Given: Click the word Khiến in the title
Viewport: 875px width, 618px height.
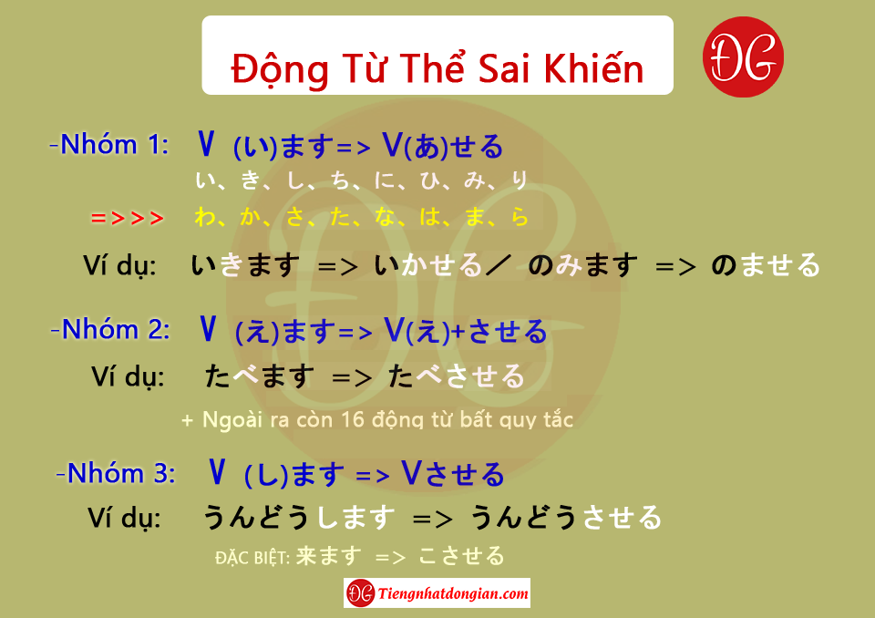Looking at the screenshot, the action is click(x=593, y=68).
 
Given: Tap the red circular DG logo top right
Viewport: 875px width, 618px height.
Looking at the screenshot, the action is click(x=743, y=57).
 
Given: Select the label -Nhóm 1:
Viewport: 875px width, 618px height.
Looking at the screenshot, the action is click(x=109, y=145).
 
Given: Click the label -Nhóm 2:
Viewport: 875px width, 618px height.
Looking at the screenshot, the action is click(x=110, y=329).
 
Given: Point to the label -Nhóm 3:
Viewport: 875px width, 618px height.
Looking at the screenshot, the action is click(x=116, y=473).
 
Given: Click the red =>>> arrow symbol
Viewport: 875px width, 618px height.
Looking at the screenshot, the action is click(x=128, y=218).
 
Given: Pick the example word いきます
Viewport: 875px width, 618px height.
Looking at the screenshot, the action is click(x=245, y=265).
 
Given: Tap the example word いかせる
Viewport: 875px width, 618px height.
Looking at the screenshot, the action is click(x=427, y=265).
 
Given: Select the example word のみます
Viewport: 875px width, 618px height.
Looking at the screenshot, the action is click(x=582, y=265).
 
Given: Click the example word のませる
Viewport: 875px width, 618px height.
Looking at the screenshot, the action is click(x=766, y=265).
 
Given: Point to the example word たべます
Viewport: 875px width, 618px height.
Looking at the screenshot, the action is click(x=260, y=376).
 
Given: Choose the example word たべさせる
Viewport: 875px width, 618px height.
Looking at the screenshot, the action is click(x=457, y=376).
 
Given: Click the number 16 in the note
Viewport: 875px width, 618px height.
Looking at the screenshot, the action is click(x=353, y=419).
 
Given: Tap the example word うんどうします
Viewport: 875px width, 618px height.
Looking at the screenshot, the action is click(x=299, y=517).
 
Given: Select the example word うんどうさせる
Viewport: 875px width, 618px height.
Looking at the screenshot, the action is click(x=566, y=517).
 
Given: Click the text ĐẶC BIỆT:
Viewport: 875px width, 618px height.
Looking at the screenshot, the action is click(x=252, y=558).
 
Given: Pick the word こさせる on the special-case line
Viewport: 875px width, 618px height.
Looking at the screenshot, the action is click(x=461, y=556).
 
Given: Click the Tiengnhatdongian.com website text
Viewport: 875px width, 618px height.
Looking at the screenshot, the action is click(x=453, y=593).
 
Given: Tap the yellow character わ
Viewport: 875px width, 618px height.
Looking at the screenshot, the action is click(x=205, y=217).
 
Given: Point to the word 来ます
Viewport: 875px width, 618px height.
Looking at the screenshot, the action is click(x=329, y=556).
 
